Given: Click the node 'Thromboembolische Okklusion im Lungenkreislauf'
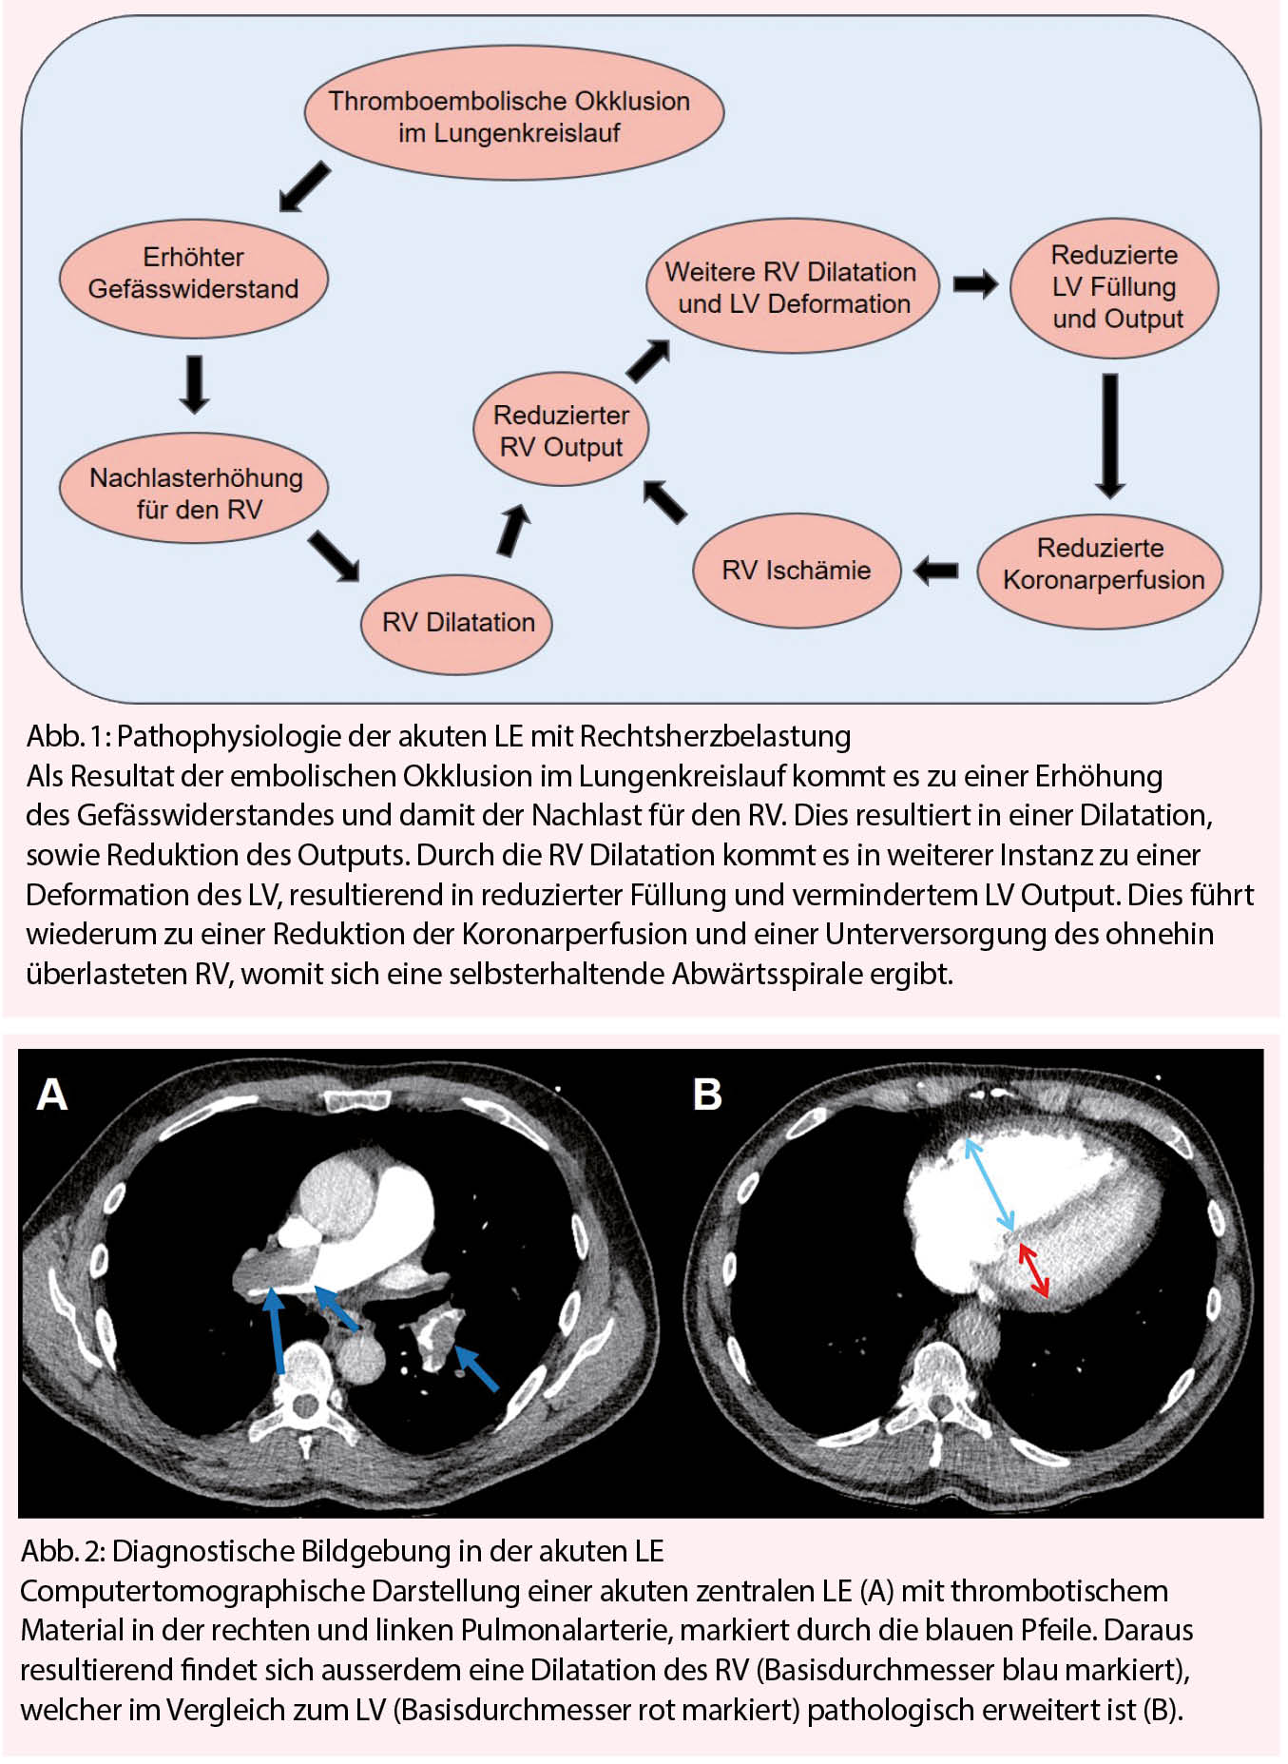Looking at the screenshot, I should [513, 115].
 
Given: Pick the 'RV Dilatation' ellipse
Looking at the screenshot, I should [457, 623].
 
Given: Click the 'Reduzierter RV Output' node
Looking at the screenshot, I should [561, 431].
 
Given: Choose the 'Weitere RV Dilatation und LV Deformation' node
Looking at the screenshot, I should [791, 287].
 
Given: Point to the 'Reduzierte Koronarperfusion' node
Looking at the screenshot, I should [1102, 565].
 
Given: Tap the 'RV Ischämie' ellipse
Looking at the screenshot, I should [797, 571].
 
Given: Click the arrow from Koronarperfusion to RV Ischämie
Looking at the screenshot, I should [936, 571].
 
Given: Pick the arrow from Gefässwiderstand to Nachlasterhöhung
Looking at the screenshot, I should [195, 384].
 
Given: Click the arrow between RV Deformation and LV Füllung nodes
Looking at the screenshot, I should [975, 283].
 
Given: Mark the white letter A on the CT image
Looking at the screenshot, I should [52, 1095].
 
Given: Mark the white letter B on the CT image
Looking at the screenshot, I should [707, 1095].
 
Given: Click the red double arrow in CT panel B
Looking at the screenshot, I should [1034, 1270].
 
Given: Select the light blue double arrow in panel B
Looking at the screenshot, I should [990, 1184].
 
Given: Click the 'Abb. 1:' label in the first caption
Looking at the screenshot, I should [67, 737].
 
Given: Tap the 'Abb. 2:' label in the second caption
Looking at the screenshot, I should [63, 1551].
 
